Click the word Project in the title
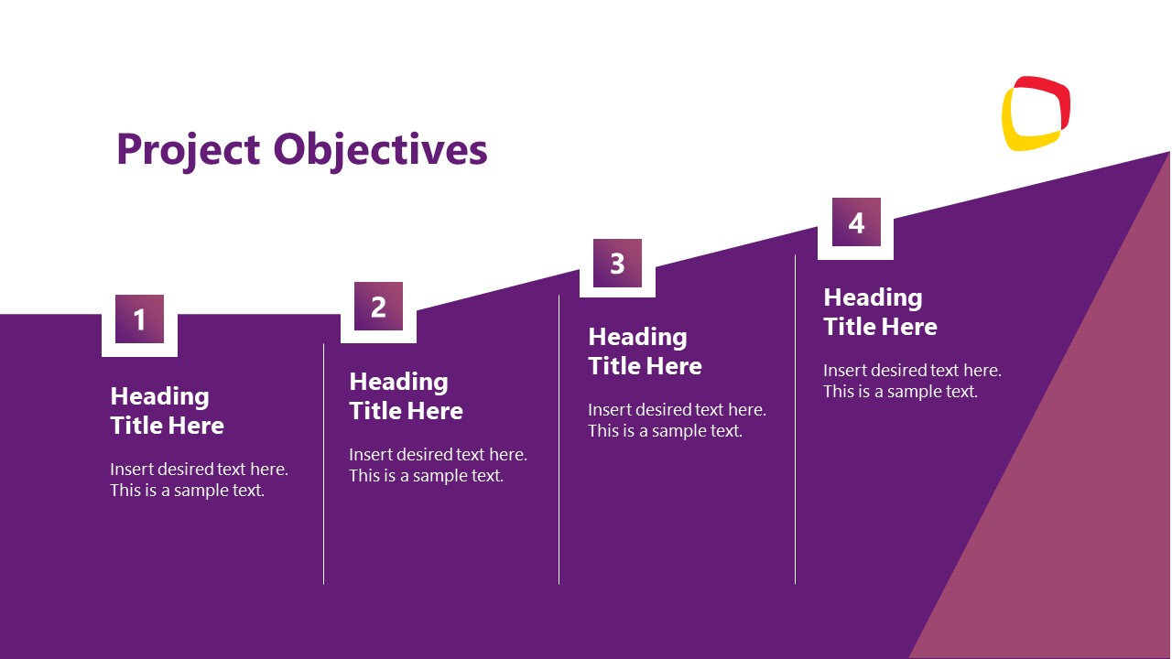[189, 149]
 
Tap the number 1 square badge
[139, 319]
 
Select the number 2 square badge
[378, 307]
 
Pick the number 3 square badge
[617, 264]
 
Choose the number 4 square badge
[856, 222]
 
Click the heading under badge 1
[167, 411]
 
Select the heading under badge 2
[406, 396]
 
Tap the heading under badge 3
[645, 351]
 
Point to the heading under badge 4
[880, 312]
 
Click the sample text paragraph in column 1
[199, 480]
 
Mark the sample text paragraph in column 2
[438, 465]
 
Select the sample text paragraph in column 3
[677, 420]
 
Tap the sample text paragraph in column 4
[912, 381]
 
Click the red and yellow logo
[1036, 113]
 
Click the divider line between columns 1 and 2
[323, 463]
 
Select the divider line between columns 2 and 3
[559, 439]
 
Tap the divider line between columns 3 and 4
[795, 419]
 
